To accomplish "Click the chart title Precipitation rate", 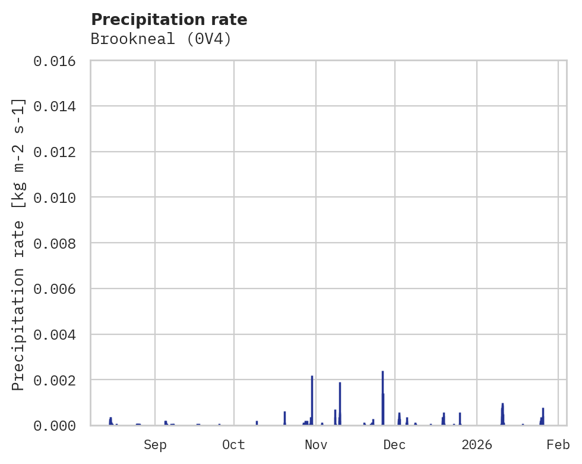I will [x=169, y=20].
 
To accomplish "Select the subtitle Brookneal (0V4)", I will [x=160, y=39].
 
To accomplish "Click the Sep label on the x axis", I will [x=155, y=445].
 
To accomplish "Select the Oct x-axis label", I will [x=234, y=445].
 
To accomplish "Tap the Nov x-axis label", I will [x=316, y=445].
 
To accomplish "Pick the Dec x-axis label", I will [x=395, y=445].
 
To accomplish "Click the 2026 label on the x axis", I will [x=477, y=445].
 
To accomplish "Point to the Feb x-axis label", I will [x=558, y=445].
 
